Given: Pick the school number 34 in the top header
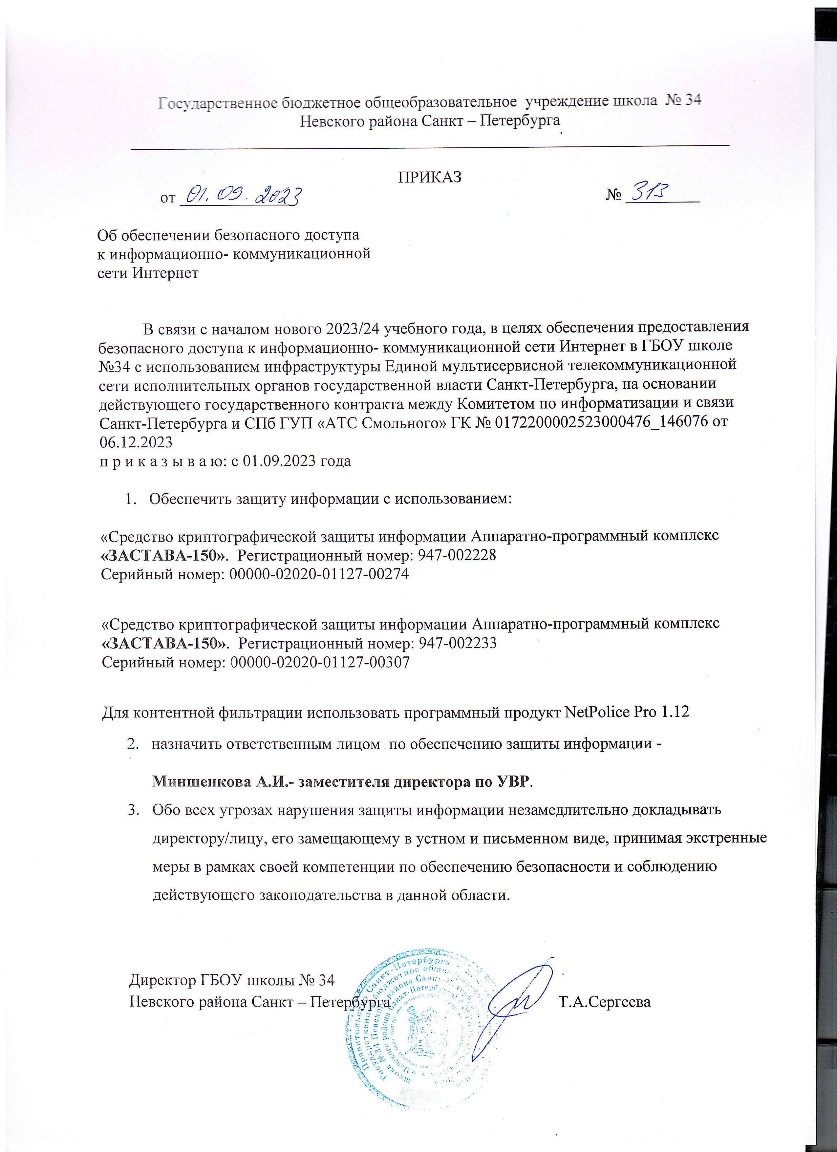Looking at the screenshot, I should [x=689, y=101].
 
